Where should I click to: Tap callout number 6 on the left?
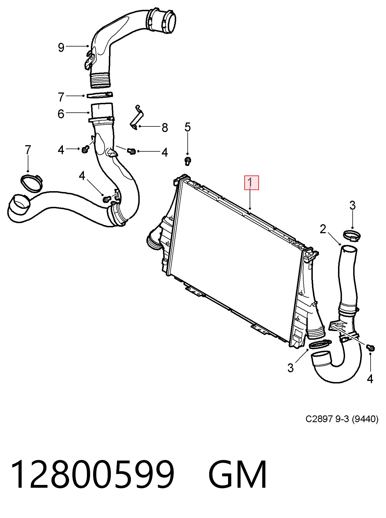click(x=61, y=114)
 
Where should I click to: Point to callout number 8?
click(x=165, y=128)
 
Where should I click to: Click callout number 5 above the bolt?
click(x=187, y=127)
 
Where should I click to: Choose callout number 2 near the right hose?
click(x=323, y=229)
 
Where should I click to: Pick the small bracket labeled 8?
click(x=137, y=117)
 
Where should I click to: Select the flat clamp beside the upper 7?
click(x=100, y=95)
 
